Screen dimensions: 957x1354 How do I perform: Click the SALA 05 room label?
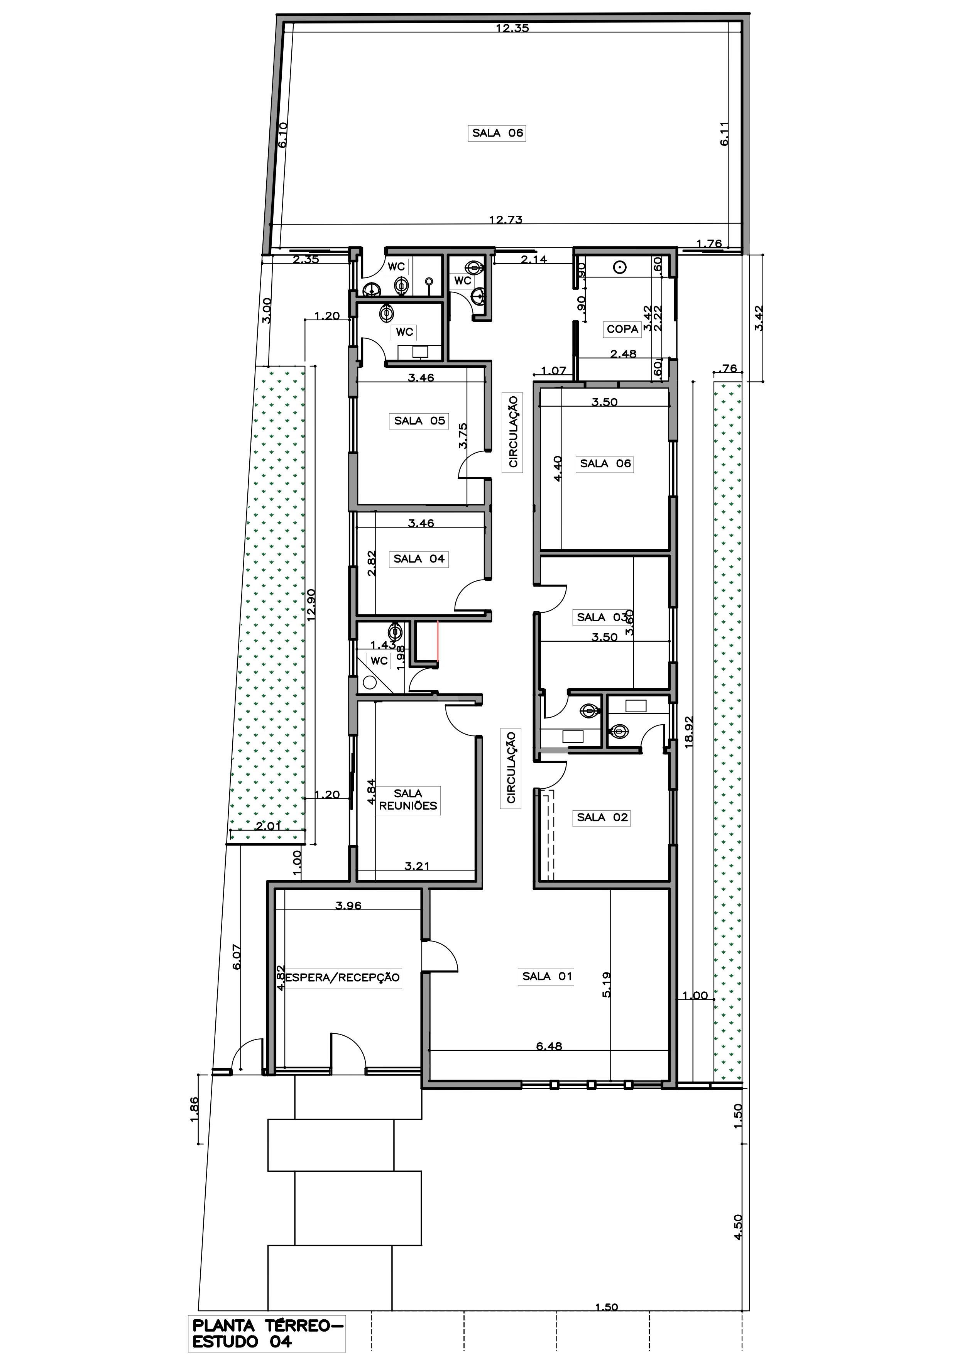[420, 421]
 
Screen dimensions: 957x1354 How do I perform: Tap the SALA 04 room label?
[419, 558]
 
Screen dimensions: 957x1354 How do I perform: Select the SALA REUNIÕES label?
[408, 800]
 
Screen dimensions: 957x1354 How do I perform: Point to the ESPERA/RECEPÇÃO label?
[343, 977]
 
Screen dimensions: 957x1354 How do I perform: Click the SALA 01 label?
[547, 976]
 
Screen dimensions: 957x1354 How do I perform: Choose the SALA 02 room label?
[603, 817]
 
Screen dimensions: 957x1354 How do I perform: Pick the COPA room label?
[623, 329]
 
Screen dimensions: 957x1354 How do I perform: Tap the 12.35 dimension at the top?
[512, 28]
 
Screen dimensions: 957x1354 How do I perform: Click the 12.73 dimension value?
[506, 220]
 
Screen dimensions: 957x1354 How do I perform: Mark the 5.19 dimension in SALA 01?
[607, 984]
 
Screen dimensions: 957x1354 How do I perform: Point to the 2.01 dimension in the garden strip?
[268, 826]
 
